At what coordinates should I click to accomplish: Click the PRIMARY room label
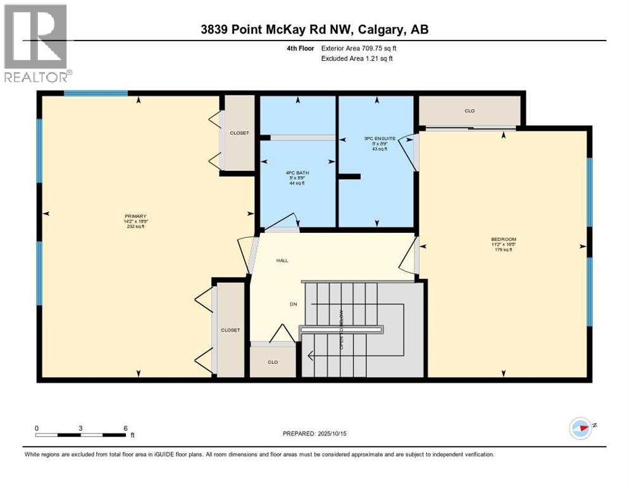pos(135,216)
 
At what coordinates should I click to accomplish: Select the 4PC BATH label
pos(296,172)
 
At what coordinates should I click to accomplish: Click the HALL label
pos(282,260)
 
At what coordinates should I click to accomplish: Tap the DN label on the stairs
pos(294,304)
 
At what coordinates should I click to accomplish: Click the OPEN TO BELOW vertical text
pos(342,329)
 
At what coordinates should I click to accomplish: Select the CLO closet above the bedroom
pos(470,111)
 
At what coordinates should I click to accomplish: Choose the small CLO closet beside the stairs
pos(272,363)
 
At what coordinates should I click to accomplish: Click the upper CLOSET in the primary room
pos(239,133)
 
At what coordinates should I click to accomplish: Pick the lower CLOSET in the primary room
pos(230,330)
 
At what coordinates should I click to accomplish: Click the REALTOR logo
pos(37,43)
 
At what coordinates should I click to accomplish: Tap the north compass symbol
pos(581,428)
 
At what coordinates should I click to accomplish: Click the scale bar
pos(80,435)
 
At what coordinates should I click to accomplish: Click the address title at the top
pos(314,29)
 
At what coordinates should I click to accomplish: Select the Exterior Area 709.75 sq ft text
pos(359,47)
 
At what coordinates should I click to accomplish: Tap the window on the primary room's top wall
pos(96,94)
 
